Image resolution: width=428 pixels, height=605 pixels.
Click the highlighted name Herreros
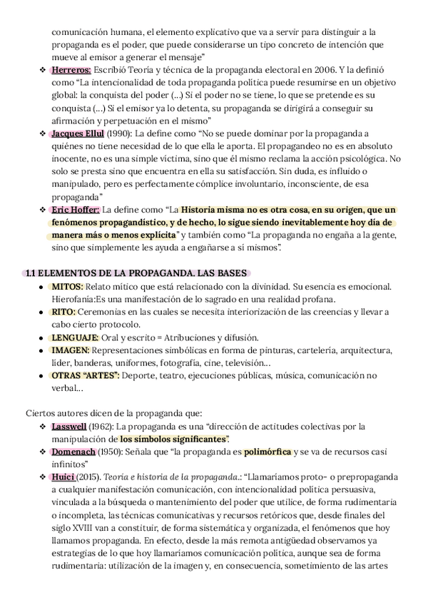pos(71,71)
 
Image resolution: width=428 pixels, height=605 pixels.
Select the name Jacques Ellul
pos(78,133)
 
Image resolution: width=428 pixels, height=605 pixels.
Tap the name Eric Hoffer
pos(75,210)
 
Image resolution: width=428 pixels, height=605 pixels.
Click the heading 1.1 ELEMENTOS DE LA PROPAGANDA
pos(135,273)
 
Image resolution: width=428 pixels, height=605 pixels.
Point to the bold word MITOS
pos(68,286)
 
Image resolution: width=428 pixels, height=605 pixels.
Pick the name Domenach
pos(73,452)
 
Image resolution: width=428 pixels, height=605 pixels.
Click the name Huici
pos(64,477)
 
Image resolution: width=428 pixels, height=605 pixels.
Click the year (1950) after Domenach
pos(112,452)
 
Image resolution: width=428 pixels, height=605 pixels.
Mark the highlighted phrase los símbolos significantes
pos(174,439)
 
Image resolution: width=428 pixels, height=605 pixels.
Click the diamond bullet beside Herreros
pos(42,71)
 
